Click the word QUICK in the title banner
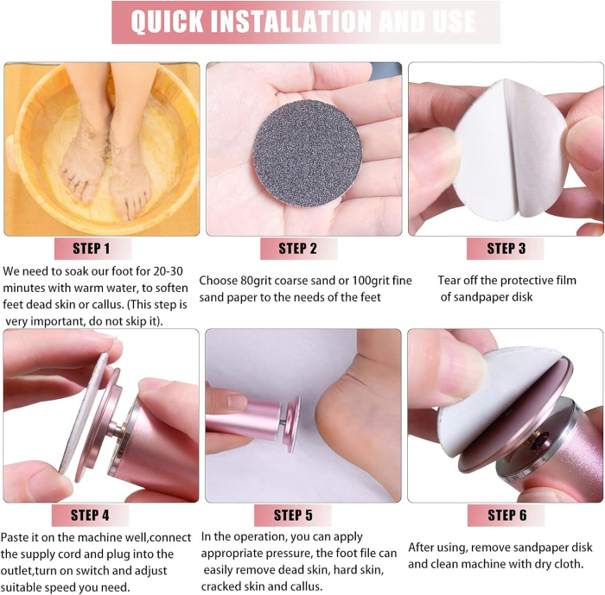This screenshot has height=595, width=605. pyautogui.click(x=167, y=22)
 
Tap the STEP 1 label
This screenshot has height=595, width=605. pyautogui.click(x=92, y=249)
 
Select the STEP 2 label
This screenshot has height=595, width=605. pyautogui.click(x=297, y=249)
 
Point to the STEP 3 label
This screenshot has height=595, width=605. pyautogui.click(x=506, y=249)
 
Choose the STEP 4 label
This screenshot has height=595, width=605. pyautogui.click(x=90, y=516)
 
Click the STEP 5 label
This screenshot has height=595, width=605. pyautogui.click(x=293, y=516)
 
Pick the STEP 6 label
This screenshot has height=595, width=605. pyautogui.click(x=507, y=516)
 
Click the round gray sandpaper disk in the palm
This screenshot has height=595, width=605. pyautogui.click(x=308, y=153)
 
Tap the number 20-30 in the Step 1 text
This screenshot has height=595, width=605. pyautogui.click(x=168, y=271)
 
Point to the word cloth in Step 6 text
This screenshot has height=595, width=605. pyautogui.click(x=566, y=565)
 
